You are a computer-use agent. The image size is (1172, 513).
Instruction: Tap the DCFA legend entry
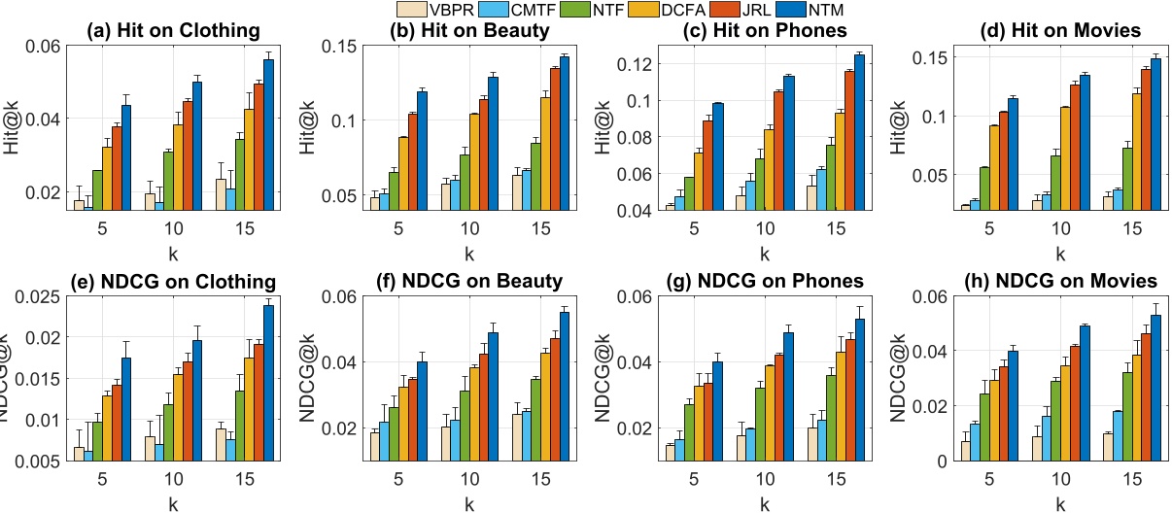coord(630,10)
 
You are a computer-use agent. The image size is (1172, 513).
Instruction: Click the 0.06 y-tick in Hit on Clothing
coord(43,46)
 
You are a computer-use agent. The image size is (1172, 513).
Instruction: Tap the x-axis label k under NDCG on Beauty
coord(468,502)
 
